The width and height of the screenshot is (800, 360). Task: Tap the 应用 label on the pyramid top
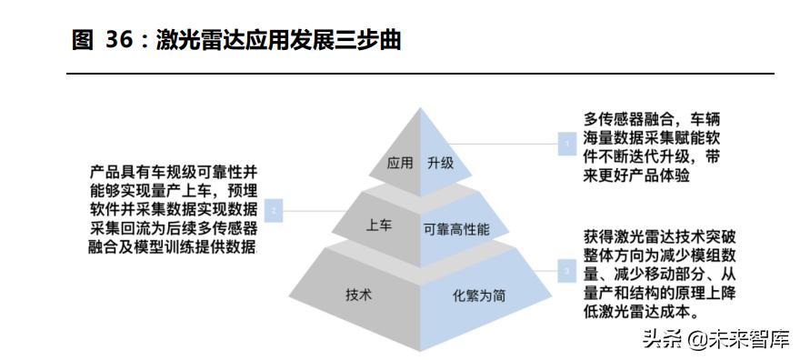tap(400, 165)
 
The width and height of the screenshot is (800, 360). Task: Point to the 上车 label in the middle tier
tap(378, 226)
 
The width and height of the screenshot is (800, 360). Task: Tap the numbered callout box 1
tap(566, 143)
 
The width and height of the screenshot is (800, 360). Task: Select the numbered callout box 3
tap(566, 270)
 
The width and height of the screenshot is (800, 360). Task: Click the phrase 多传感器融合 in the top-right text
tap(629, 119)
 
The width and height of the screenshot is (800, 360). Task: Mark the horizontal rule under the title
tap(422, 74)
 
